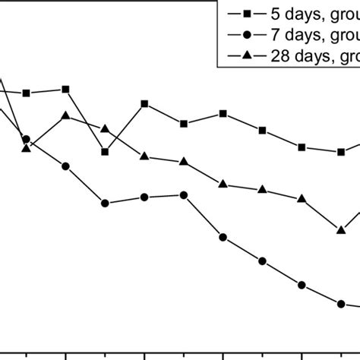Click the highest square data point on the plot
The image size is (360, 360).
point(66,89)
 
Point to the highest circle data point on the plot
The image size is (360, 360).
point(27,139)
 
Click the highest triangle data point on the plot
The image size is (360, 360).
point(66,115)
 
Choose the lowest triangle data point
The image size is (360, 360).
point(342,229)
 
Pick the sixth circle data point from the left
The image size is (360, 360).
point(223,237)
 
